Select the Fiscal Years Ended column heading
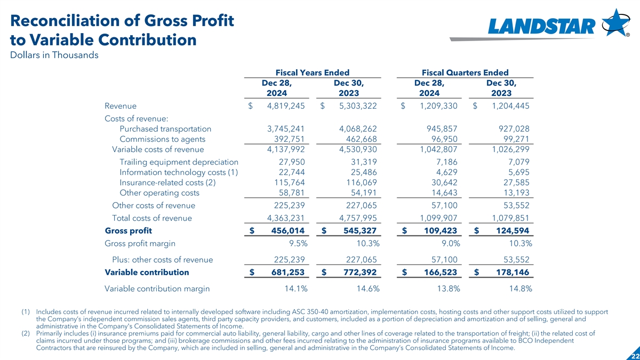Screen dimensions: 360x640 (x=312, y=73)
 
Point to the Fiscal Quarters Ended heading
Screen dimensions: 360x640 (x=465, y=73)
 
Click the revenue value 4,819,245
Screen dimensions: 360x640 (x=285, y=106)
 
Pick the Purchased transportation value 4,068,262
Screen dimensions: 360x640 (x=358, y=129)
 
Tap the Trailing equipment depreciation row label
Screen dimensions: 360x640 (x=179, y=162)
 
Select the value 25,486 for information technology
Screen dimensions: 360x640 (x=362, y=172)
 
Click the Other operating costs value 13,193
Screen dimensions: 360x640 (x=514, y=193)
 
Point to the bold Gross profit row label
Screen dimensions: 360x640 (x=129, y=231)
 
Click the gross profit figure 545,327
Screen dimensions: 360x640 (x=358, y=231)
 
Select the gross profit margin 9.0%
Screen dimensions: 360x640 (x=447, y=244)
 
